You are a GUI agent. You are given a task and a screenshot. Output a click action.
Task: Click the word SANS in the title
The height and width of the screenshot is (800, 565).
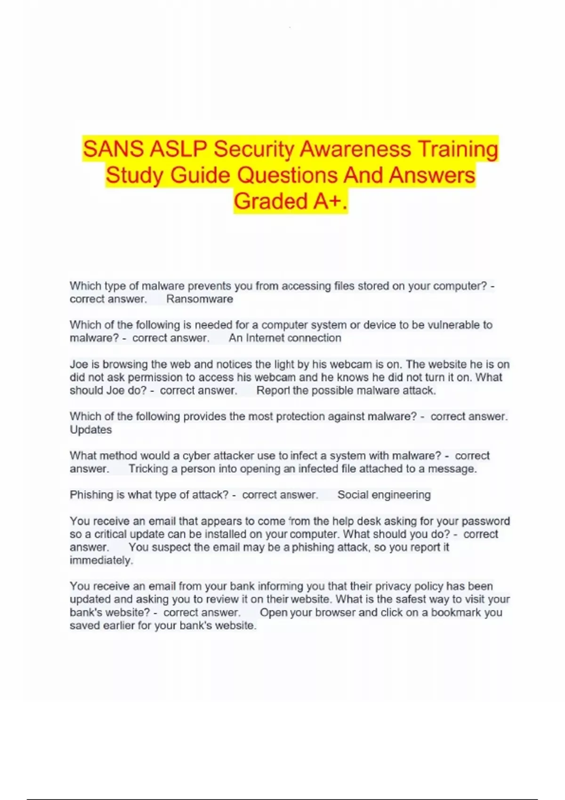(x=113, y=149)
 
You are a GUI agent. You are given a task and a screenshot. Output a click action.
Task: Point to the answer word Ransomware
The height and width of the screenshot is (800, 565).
(x=200, y=299)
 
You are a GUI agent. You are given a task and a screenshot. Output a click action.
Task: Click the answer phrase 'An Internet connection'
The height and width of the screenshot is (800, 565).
(x=285, y=338)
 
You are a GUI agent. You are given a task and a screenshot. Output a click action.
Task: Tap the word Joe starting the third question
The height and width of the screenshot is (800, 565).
(x=79, y=364)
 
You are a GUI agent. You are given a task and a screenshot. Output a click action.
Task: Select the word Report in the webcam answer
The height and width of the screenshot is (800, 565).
(x=273, y=391)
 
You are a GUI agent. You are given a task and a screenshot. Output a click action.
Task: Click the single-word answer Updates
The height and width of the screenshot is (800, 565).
(x=91, y=430)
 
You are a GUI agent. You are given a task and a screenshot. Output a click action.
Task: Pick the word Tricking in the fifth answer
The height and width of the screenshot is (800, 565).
(x=148, y=469)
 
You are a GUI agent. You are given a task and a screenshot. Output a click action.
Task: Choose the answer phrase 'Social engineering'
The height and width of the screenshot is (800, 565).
(x=384, y=495)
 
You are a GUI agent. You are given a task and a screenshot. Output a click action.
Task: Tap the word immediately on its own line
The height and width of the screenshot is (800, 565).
(x=101, y=560)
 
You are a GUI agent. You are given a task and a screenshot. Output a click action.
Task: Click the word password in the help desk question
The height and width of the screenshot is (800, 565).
(x=485, y=521)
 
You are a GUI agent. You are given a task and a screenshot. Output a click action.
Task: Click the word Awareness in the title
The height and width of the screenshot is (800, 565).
(x=355, y=149)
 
